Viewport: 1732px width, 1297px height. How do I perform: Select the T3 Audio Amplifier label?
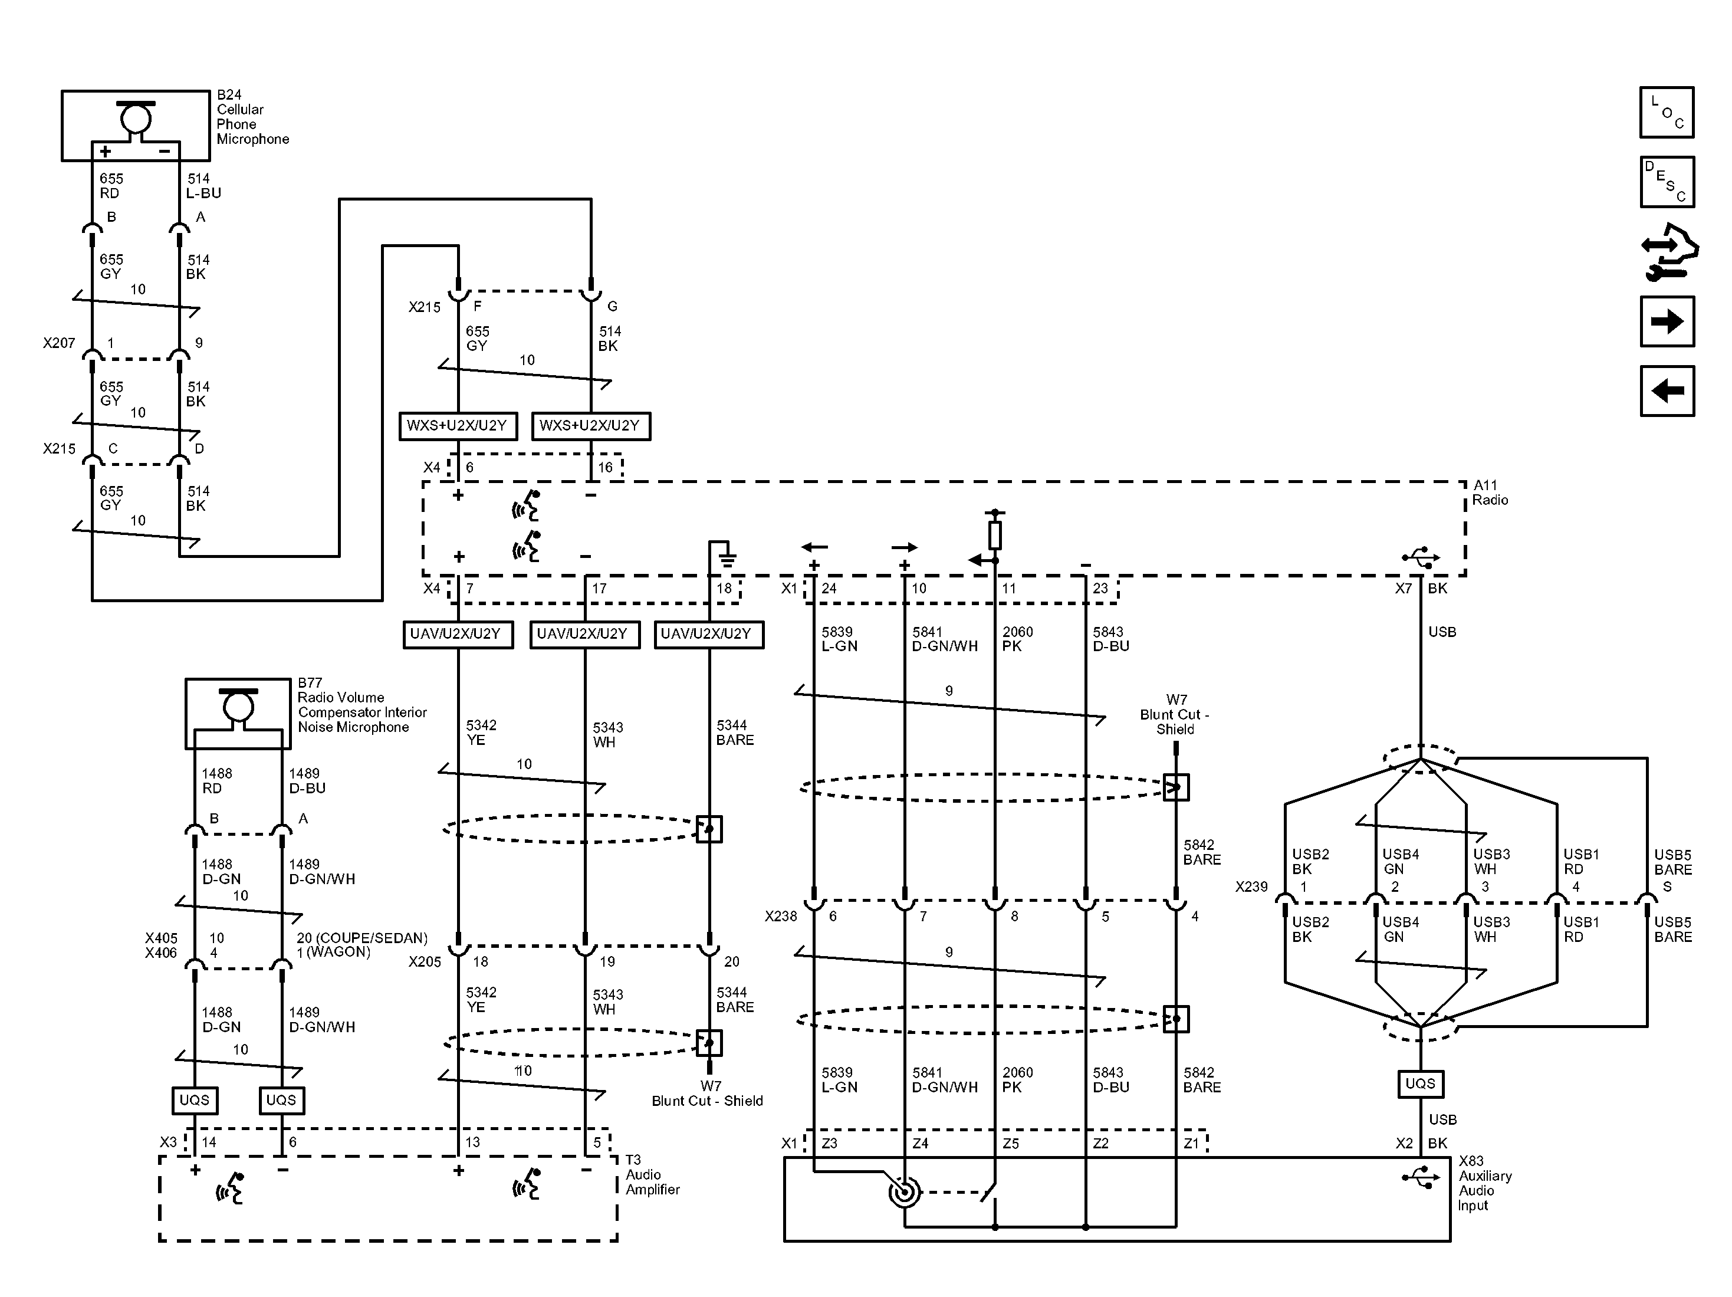click(x=652, y=1174)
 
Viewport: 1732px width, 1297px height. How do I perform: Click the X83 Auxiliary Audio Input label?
click(x=1484, y=1183)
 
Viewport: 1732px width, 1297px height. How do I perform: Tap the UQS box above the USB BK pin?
click(x=1419, y=1084)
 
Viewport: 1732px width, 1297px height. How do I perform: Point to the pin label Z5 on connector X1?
click(x=1011, y=1144)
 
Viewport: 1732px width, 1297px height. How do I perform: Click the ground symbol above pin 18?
click(x=727, y=557)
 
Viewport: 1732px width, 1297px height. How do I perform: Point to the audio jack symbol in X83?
click(x=905, y=1193)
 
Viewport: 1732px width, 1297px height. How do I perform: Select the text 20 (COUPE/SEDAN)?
click(x=361, y=937)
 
